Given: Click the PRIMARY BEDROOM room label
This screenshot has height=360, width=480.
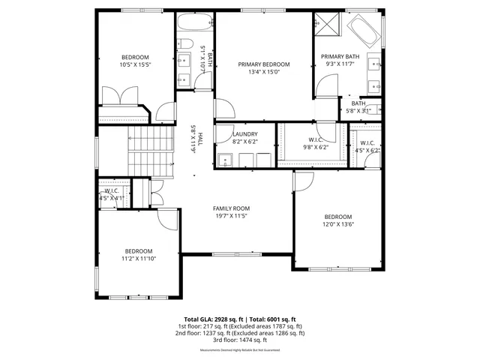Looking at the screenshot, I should pyautogui.click(x=264, y=64).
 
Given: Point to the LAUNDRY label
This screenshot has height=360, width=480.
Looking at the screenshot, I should pyautogui.click(x=244, y=133).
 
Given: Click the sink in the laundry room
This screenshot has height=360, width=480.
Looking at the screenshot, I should pyautogui.click(x=226, y=159).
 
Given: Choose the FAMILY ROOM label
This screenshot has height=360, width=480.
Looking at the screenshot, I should pyautogui.click(x=231, y=208).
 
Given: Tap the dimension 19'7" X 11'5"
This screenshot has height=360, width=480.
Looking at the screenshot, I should pyautogui.click(x=231, y=216).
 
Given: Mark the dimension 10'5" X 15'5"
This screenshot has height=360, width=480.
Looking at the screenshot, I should pyautogui.click(x=136, y=65).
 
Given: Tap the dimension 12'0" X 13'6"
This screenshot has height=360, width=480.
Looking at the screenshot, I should pyautogui.click(x=338, y=223).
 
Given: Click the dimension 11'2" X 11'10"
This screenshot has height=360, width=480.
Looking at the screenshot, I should pyautogui.click(x=139, y=259).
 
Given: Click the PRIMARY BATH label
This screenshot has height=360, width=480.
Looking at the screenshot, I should pyautogui.click(x=340, y=56).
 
